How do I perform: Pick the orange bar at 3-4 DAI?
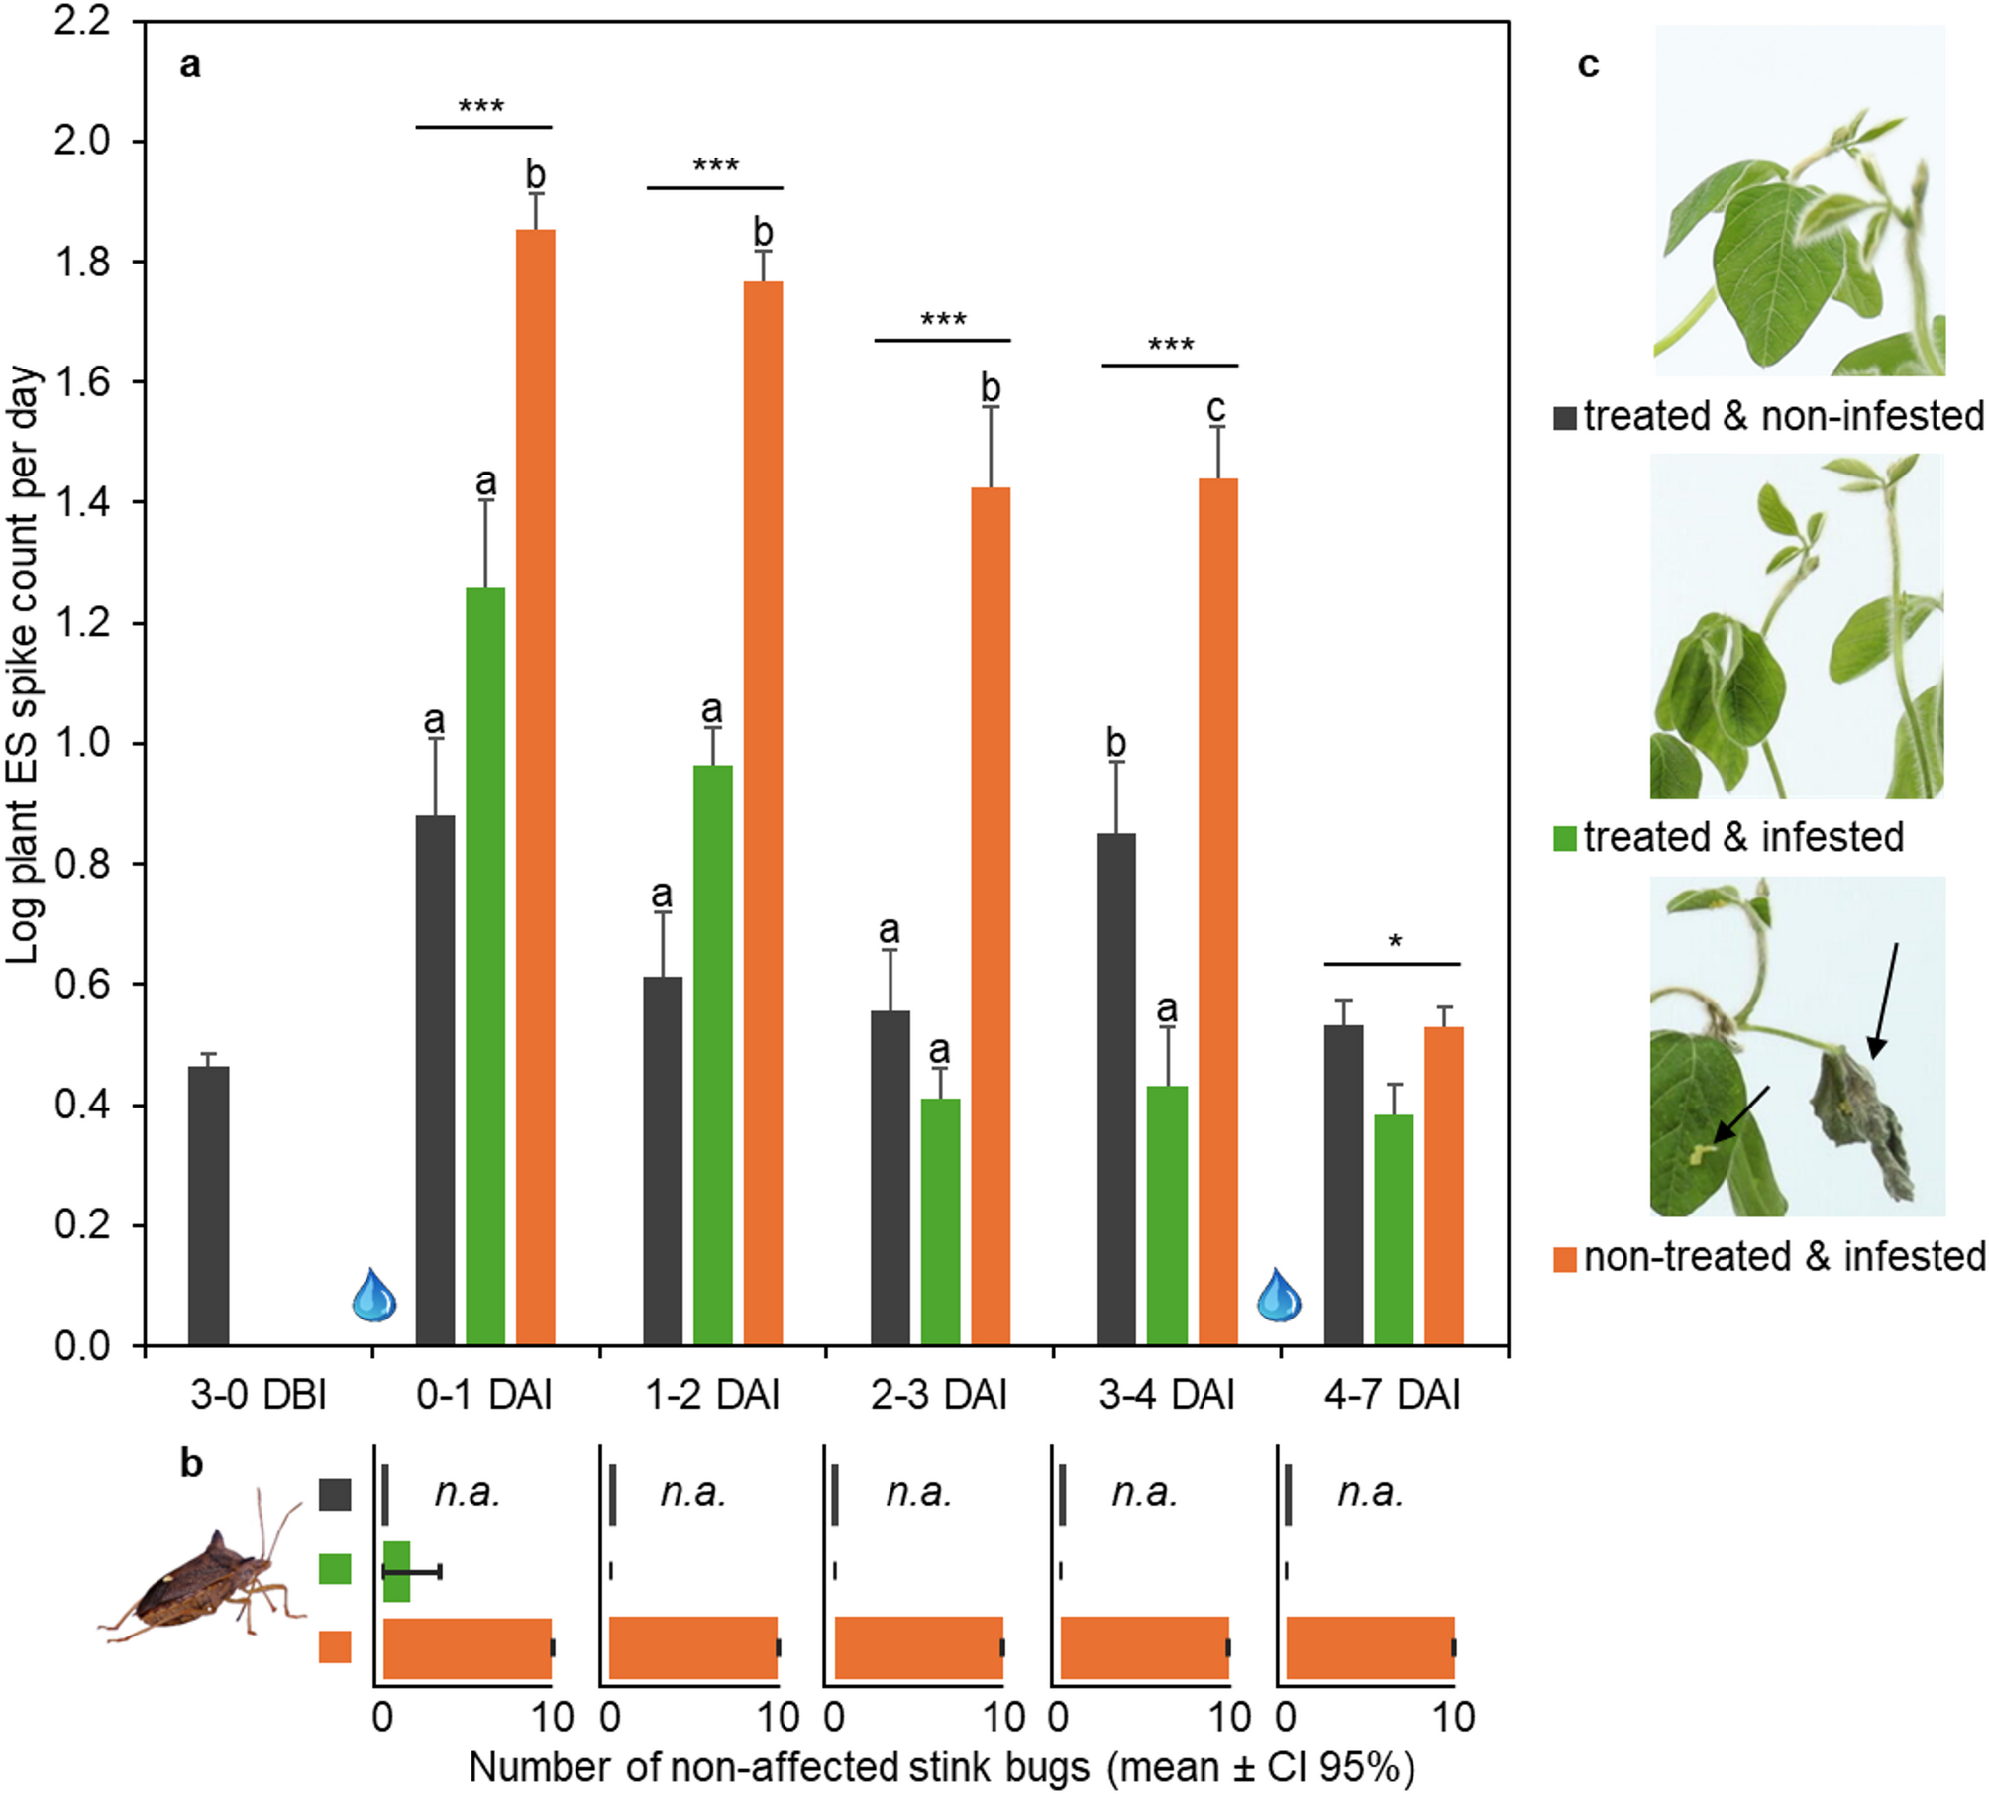(1218, 911)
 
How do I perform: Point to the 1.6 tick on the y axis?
(83, 382)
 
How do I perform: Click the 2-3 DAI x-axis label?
(938, 1395)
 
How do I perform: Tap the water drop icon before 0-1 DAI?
(374, 1295)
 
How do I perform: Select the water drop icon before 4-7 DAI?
(1279, 1295)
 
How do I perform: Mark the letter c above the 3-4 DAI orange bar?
(1216, 407)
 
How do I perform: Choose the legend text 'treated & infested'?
(1742, 837)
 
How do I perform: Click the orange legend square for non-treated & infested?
(1565, 1259)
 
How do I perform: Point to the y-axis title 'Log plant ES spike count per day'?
(24, 664)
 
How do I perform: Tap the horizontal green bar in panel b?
(396, 1571)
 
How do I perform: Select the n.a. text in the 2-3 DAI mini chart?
(919, 1492)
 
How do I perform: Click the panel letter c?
(1588, 64)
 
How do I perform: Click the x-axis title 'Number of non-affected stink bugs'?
(941, 1767)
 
